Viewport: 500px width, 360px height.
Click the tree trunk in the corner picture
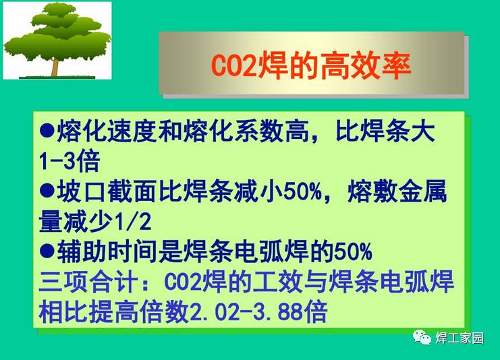55,67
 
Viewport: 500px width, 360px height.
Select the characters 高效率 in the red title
366,66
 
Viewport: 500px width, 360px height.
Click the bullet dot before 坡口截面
47,191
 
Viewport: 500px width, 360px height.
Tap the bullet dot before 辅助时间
47,251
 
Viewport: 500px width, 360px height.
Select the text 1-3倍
70,160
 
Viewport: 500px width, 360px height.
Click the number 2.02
214,311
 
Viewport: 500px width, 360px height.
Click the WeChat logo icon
422,337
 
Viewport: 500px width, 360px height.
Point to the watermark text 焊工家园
460,338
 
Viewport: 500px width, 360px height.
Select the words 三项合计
88,282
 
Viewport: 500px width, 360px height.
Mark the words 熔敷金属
397,191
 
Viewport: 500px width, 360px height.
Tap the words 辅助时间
107,251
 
